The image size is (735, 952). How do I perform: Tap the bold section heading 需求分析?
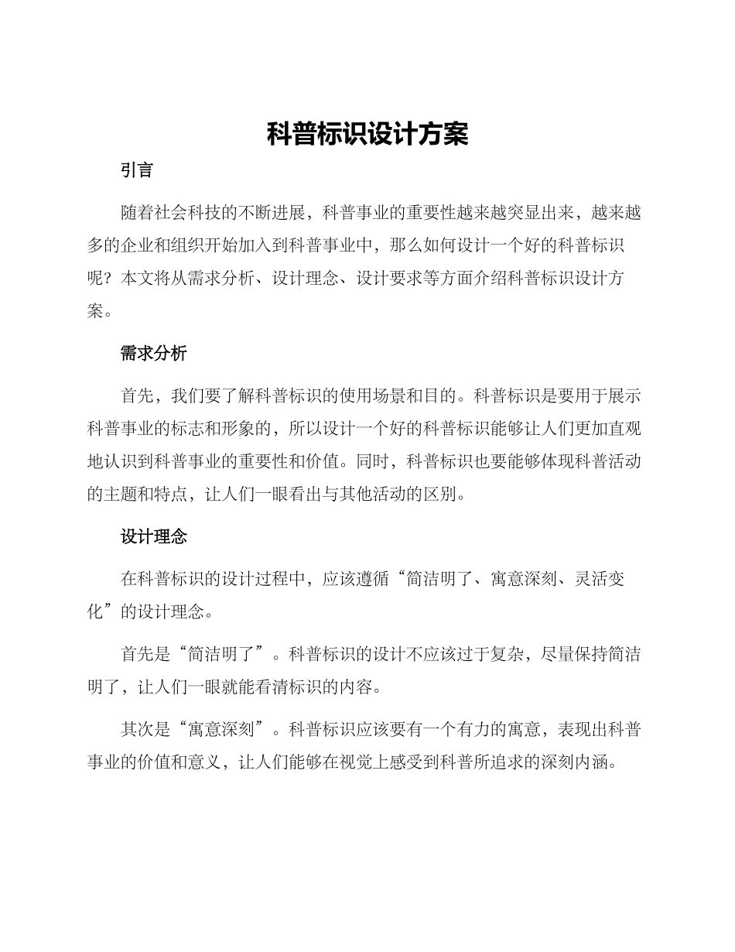pyautogui.click(x=153, y=354)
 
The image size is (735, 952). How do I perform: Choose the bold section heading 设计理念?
pyautogui.click(x=153, y=536)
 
